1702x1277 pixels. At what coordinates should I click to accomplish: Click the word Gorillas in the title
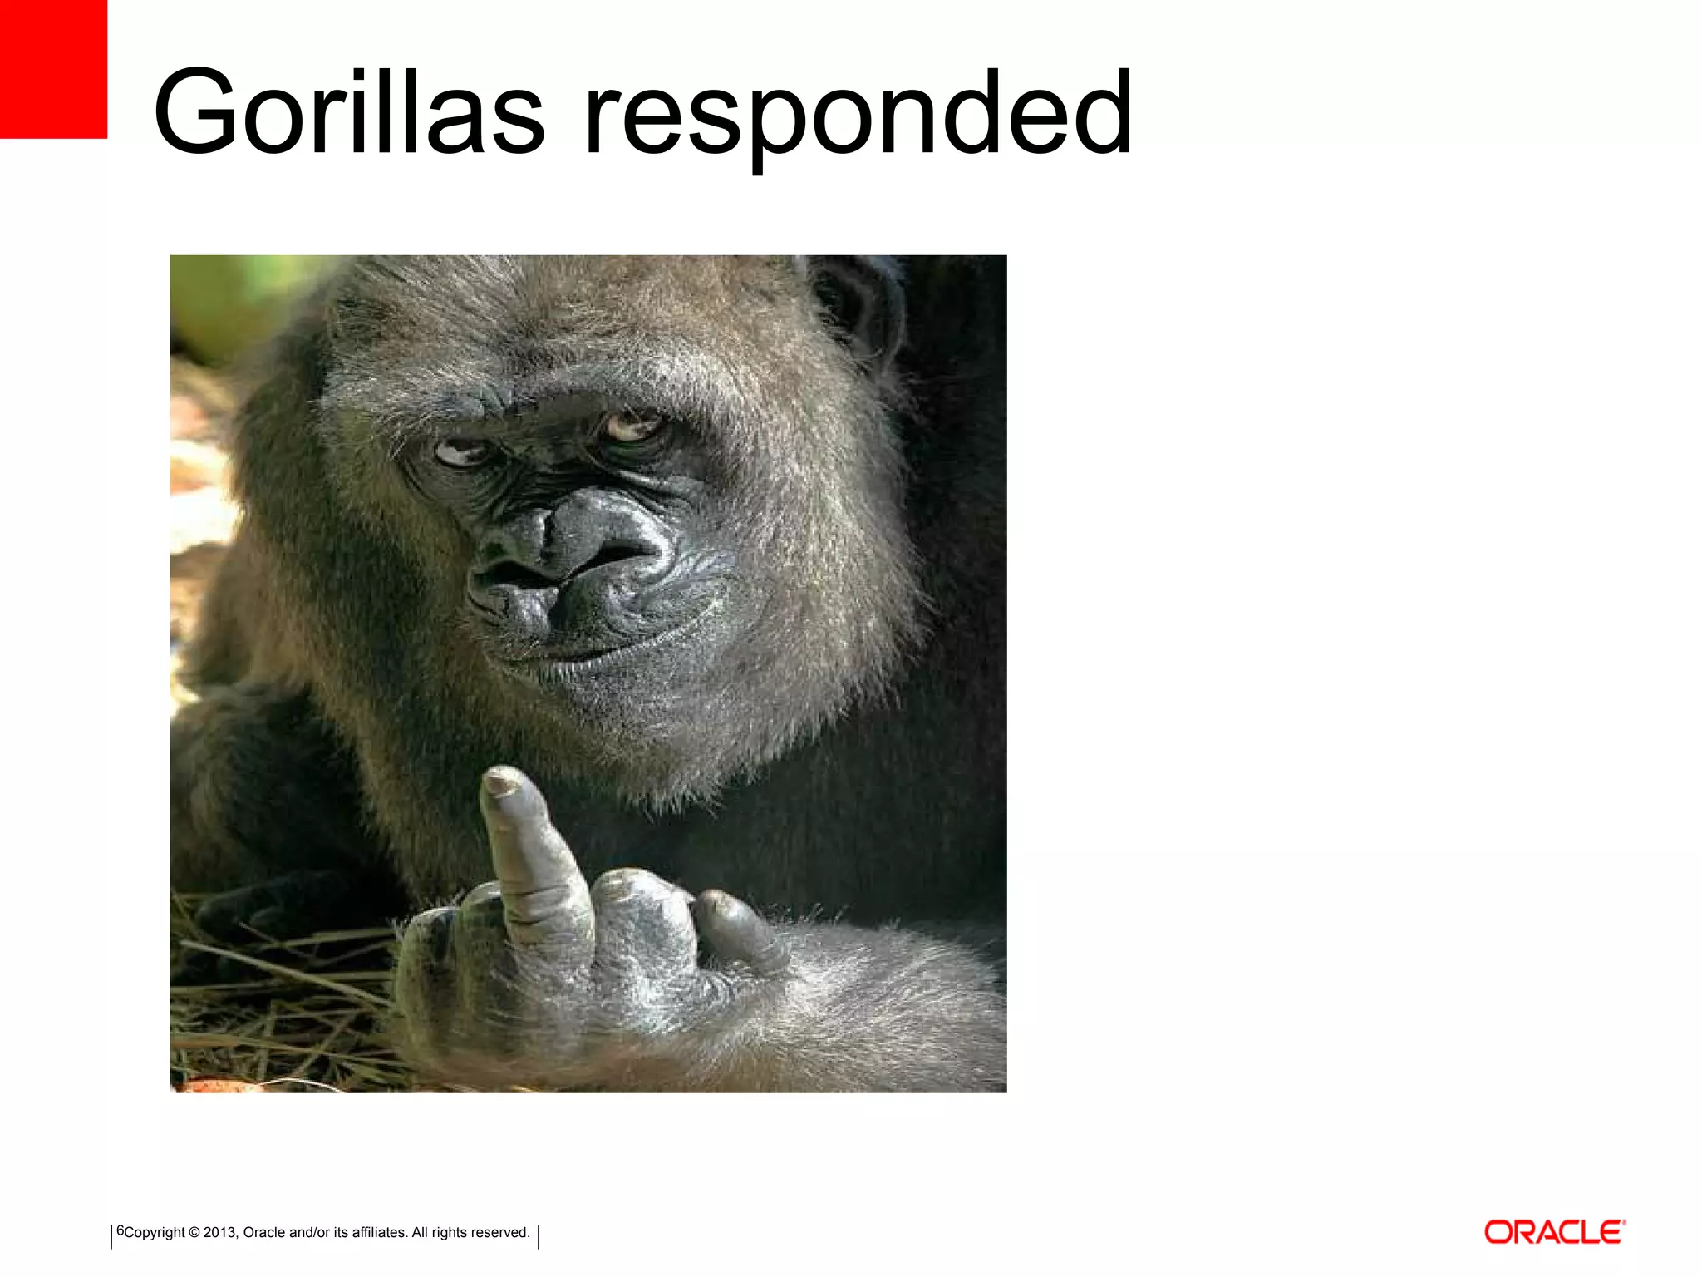[x=349, y=112]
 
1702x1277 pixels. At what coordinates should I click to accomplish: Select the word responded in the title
[x=858, y=116]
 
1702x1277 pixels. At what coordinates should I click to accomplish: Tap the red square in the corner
[x=53, y=68]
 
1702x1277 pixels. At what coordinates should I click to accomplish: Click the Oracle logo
[x=1554, y=1232]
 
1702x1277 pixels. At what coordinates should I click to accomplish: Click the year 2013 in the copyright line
[x=219, y=1232]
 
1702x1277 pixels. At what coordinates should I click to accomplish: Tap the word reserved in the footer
[x=500, y=1232]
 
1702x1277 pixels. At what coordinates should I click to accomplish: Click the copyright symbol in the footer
[x=194, y=1232]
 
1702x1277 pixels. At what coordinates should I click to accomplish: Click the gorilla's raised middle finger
[x=532, y=856]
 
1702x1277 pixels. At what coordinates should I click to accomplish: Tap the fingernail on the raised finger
[x=501, y=781]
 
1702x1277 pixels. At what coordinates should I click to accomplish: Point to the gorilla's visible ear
[x=860, y=308]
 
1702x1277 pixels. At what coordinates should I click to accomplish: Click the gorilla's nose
[x=573, y=540]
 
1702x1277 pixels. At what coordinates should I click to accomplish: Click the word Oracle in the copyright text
[x=264, y=1232]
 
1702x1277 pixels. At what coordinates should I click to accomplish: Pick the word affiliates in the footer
[x=378, y=1232]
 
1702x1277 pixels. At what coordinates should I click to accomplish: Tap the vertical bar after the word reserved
[x=539, y=1236]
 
